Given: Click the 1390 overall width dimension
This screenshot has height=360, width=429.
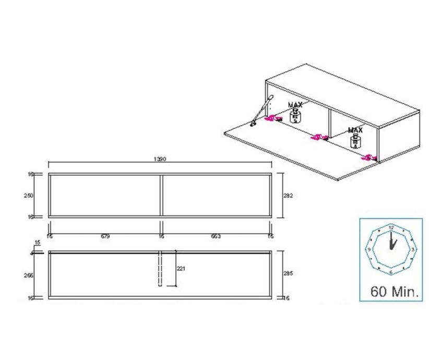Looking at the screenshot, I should (161, 159).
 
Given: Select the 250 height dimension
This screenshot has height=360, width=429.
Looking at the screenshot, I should (29, 196).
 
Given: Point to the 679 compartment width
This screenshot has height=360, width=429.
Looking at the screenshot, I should (105, 236).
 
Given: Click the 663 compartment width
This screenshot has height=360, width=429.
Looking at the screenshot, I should (216, 236).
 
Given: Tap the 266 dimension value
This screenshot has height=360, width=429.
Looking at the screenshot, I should (29, 275).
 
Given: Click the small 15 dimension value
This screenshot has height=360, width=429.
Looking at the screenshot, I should (37, 243).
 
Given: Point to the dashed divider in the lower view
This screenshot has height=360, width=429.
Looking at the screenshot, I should (161, 269).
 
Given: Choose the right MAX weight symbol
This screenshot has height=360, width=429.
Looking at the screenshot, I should (355, 139).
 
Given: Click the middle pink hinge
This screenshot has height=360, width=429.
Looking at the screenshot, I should (316, 137).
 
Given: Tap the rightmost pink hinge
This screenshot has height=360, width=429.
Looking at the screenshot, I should (371, 157).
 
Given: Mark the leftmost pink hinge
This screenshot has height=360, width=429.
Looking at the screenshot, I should (269, 119).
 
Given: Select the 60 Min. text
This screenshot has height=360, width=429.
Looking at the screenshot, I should (395, 291).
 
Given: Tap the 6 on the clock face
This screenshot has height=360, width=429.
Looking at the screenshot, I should (391, 272).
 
